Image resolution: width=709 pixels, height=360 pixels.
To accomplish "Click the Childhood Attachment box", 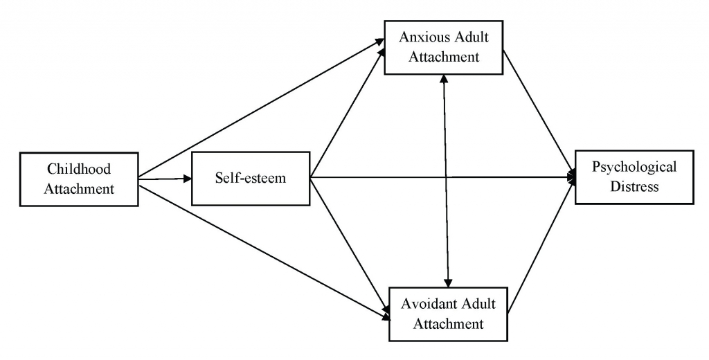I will coord(79,178).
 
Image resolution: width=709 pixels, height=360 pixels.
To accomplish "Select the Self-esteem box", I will coord(250,179).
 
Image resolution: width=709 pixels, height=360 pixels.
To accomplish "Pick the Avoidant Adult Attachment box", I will coord(447,314).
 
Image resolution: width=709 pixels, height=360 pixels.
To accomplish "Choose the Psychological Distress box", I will coord(634,177).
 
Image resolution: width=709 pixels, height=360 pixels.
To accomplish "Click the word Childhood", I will coord(79,168).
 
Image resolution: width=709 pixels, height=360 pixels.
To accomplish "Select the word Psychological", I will coord(634,167).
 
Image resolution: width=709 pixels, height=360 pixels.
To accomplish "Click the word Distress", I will coord(634,187).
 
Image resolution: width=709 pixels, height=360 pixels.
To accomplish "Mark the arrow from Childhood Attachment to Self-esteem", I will coord(165,179).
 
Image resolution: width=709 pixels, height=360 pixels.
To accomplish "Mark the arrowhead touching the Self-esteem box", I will coord(187,179).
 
